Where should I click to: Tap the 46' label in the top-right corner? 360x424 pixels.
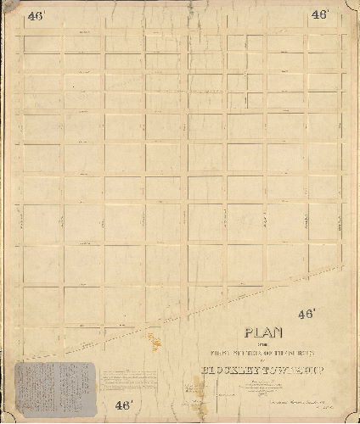pyautogui.click(x=319, y=15)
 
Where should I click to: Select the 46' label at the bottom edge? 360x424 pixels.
pyautogui.click(x=125, y=404)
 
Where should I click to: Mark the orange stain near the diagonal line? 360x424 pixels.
pyautogui.click(x=155, y=342)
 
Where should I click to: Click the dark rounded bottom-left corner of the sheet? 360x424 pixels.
pyautogui.click(x=7, y=416)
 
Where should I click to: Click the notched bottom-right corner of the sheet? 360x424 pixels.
pyautogui.click(x=352, y=416)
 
